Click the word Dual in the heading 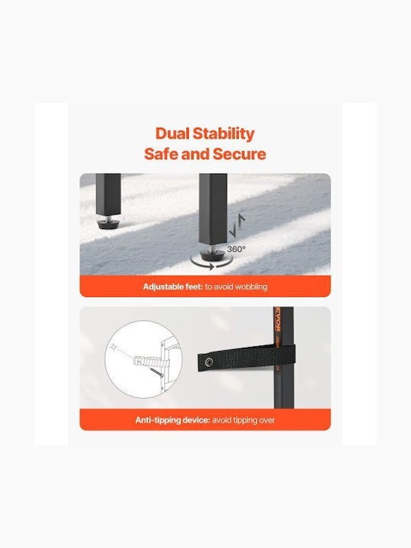(172, 133)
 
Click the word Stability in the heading (224, 134)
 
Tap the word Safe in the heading (161, 154)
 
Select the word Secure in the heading (240, 154)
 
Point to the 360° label (236, 249)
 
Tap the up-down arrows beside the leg (237, 226)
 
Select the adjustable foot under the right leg (212, 253)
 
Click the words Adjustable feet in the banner (173, 287)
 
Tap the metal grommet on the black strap (209, 362)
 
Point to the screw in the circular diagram (157, 371)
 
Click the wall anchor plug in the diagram (148, 359)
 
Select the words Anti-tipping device (173, 419)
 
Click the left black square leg (108, 195)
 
